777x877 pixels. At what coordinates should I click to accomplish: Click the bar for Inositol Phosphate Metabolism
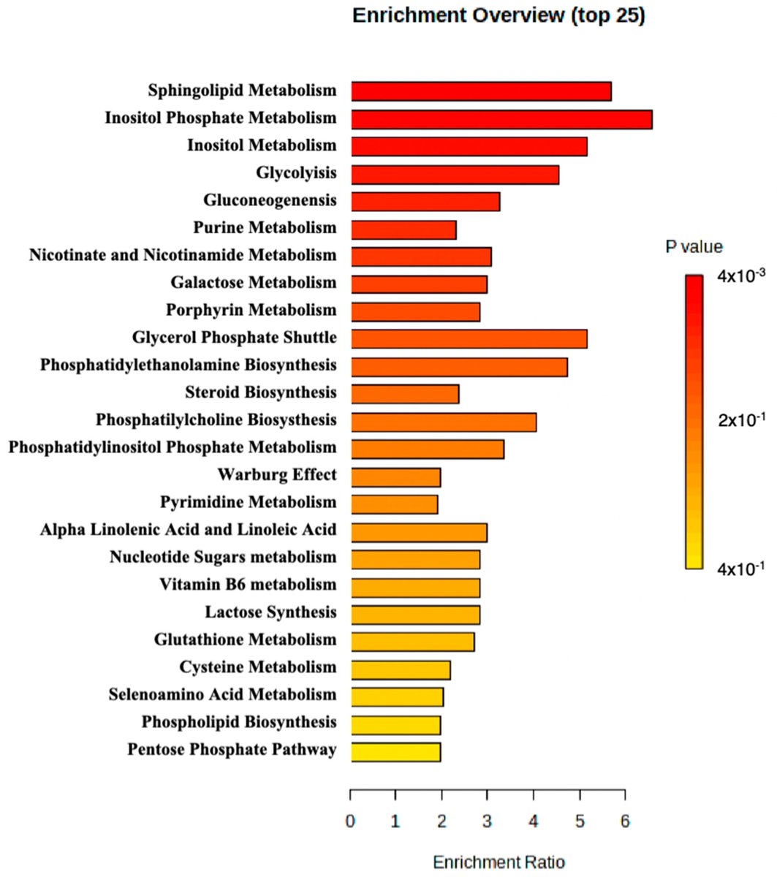click(x=501, y=119)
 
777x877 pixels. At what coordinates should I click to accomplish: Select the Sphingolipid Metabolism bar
click(x=481, y=91)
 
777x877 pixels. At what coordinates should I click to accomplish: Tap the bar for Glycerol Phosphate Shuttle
click(x=469, y=338)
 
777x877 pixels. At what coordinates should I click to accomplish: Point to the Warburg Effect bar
click(x=395, y=477)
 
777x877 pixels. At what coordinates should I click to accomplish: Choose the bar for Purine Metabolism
click(x=403, y=229)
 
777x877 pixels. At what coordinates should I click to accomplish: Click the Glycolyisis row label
click(x=296, y=173)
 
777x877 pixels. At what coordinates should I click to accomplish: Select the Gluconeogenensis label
click(x=270, y=201)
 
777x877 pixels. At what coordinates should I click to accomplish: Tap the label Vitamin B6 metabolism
click(x=248, y=585)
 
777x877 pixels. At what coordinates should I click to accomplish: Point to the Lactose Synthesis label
click(x=270, y=612)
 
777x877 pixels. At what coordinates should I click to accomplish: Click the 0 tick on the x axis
click(x=351, y=821)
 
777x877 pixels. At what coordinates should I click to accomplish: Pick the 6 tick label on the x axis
click(x=625, y=821)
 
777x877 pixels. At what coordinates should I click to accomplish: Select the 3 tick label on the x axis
click(x=488, y=821)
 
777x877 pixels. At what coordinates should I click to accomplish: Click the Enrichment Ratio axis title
click(x=499, y=862)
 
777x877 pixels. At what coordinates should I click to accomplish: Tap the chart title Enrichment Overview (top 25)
click(x=499, y=15)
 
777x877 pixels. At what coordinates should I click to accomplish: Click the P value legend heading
click(x=694, y=247)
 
